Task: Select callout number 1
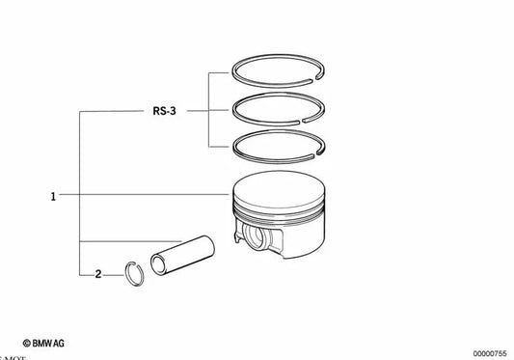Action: [x=54, y=196]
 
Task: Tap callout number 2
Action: [x=97, y=275]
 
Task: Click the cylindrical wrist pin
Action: [x=182, y=258]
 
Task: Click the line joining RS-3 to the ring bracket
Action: [x=198, y=111]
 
